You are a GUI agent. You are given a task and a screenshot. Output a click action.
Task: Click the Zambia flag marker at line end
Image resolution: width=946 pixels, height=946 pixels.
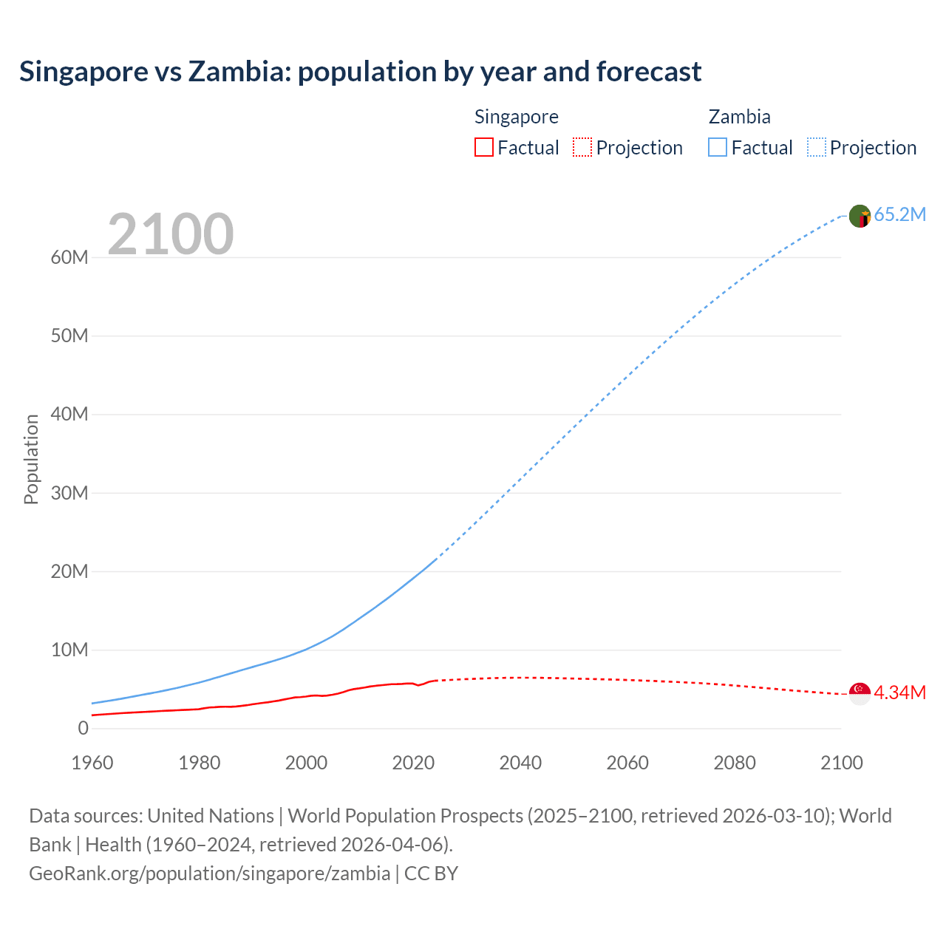860,216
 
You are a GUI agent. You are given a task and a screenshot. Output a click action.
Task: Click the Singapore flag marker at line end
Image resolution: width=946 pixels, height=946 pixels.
860,693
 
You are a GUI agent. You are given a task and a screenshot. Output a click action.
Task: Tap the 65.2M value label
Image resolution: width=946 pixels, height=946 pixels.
899,215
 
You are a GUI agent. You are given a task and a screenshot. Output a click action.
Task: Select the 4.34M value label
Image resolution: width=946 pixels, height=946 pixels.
899,693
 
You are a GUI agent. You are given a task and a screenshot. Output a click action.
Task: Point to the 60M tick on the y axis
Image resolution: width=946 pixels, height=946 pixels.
69,258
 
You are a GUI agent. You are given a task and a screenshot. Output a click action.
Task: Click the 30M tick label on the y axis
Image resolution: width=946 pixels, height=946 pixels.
69,493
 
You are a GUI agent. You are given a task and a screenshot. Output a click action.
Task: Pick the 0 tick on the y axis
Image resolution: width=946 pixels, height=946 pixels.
83,729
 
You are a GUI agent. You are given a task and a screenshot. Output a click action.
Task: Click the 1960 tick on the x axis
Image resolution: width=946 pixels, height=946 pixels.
92,763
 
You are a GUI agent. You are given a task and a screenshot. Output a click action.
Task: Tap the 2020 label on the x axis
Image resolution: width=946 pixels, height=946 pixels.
413,763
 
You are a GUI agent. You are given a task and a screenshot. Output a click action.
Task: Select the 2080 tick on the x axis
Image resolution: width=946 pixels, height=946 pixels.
735,763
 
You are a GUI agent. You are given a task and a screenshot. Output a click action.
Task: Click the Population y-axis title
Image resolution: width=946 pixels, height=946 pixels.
31,459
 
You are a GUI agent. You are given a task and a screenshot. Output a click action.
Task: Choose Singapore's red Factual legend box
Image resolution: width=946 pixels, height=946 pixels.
484,148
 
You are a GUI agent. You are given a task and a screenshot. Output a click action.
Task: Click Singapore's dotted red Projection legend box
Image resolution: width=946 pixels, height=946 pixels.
582,148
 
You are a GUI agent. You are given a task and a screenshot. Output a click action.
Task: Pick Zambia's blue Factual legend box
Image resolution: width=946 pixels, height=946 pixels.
718,148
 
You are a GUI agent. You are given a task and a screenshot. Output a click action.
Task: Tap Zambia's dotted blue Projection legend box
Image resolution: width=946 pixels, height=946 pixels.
817,148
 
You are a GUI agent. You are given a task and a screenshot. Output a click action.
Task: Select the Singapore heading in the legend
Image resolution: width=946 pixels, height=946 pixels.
516,117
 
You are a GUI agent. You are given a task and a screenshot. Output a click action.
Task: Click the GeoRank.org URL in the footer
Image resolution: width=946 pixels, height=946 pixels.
209,874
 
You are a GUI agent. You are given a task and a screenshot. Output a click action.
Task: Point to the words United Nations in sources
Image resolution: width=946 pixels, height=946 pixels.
211,816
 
